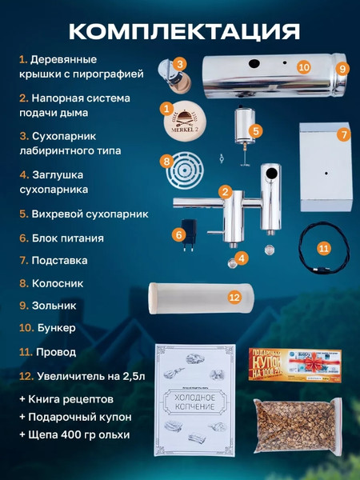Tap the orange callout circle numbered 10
[x=303, y=67]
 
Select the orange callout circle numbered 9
[x=342, y=69]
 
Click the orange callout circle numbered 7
[x=342, y=134]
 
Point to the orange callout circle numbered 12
[x=234, y=296]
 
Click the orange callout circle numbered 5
[x=256, y=130]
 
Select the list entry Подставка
[x=59, y=260]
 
